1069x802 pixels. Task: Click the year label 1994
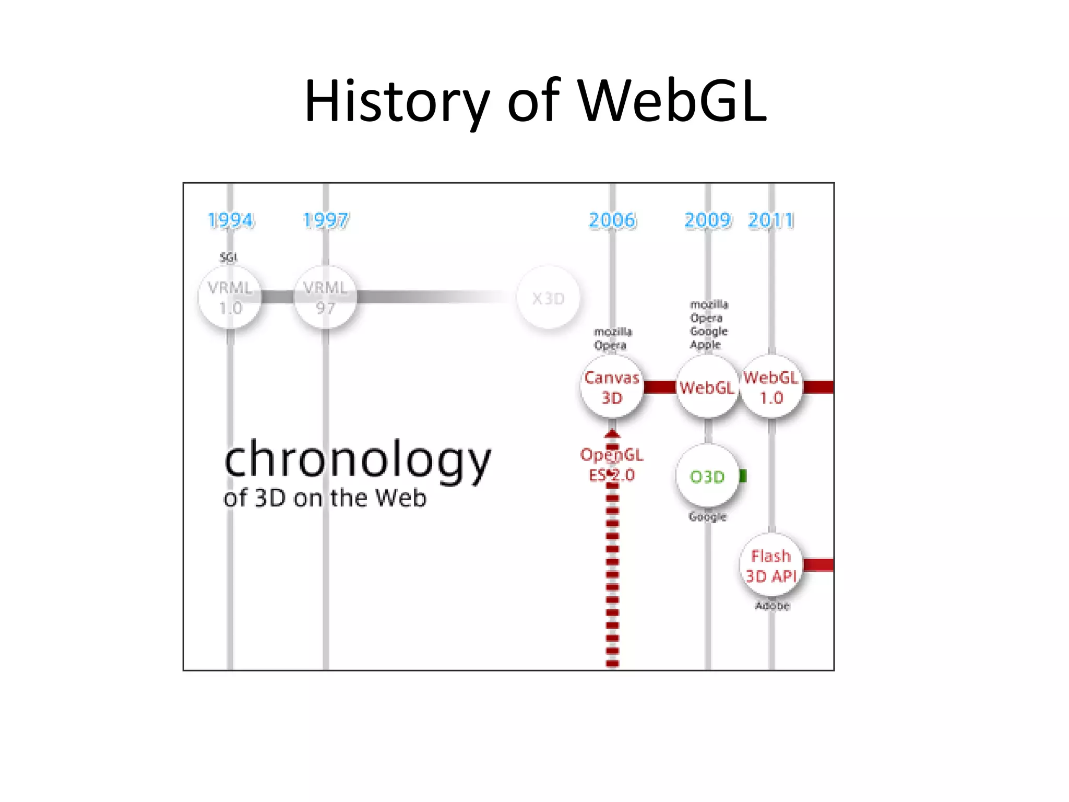coord(231,220)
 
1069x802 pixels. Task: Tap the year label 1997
coord(326,220)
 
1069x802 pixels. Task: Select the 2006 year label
coord(612,220)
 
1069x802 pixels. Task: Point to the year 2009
coord(707,220)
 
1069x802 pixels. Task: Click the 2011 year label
coord(771,220)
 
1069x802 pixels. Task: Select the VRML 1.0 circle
coord(230,298)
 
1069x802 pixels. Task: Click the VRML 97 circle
coord(325,298)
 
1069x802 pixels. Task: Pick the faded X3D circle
coord(548,298)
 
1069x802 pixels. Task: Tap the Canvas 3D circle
coord(612,387)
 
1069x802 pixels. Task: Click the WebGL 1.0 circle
coord(771,387)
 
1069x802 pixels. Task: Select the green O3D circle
coord(707,476)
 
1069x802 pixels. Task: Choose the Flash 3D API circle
coord(771,565)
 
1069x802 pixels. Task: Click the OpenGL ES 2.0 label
coord(612,465)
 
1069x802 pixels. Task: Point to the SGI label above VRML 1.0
coord(228,257)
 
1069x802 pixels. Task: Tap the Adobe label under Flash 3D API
coord(772,606)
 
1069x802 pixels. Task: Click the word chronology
coord(358,459)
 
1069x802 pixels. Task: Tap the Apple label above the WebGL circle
coord(705,345)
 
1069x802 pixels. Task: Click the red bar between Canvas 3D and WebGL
coord(660,387)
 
